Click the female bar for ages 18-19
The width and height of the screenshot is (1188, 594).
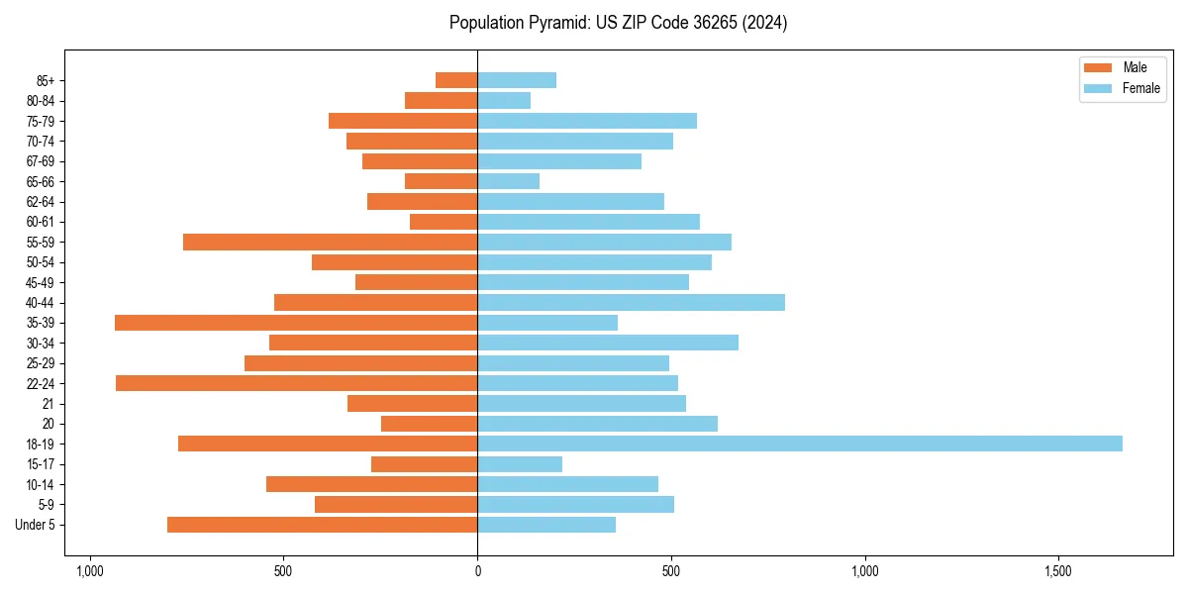pyautogui.click(x=800, y=444)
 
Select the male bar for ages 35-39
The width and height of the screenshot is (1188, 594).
pyautogui.click(x=296, y=323)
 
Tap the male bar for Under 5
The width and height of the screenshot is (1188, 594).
pyautogui.click(x=322, y=525)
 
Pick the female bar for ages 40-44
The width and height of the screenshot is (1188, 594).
pyautogui.click(x=631, y=302)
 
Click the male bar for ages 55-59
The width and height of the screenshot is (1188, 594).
pyautogui.click(x=330, y=242)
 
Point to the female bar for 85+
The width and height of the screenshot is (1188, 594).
pyautogui.click(x=517, y=80)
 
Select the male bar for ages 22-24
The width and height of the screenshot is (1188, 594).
pyautogui.click(x=296, y=383)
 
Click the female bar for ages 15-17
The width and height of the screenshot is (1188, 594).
pyautogui.click(x=520, y=464)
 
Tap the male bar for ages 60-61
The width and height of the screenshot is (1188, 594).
pyautogui.click(x=444, y=222)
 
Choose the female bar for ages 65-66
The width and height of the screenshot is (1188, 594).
pyautogui.click(x=508, y=181)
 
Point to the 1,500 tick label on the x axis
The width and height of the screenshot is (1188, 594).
pyautogui.click(x=1058, y=571)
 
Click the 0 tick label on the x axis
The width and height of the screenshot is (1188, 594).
pyautogui.click(x=477, y=571)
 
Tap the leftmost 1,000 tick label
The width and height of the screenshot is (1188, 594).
pyautogui.click(x=89, y=571)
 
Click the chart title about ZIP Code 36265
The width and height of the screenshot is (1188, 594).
pyautogui.click(x=618, y=23)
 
